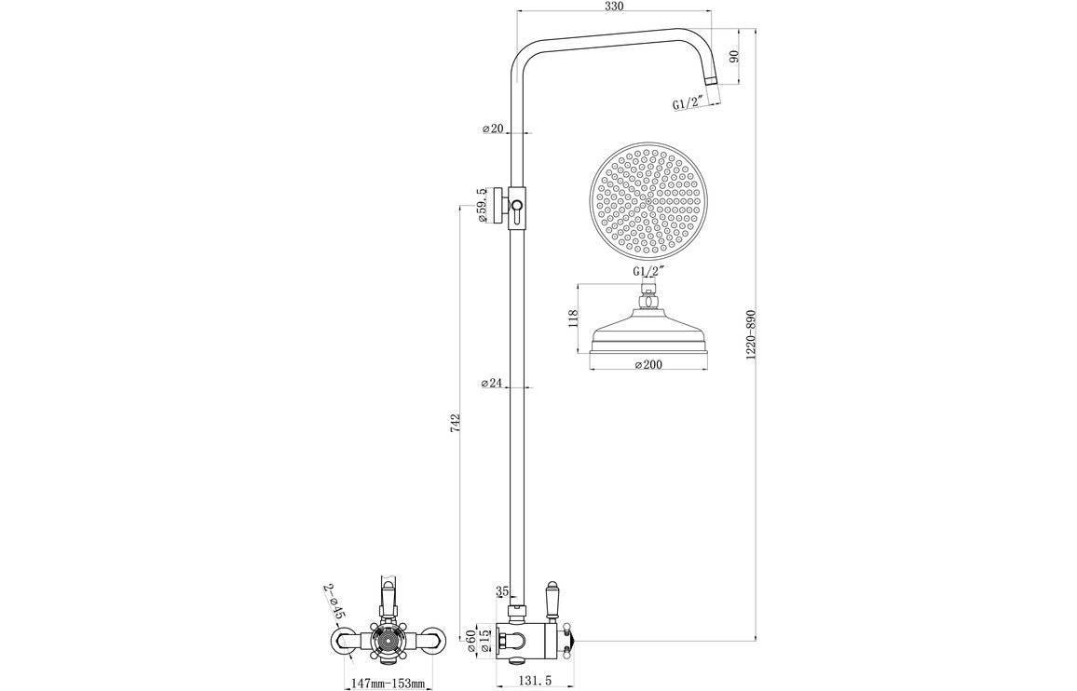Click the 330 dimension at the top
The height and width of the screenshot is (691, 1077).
pyautogui.click(x=614, y=7)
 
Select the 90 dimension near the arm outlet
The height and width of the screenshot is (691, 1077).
pyautogui.click(x=733, y=57)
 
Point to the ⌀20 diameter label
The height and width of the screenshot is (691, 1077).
pyautogui.click(x=492, y=129)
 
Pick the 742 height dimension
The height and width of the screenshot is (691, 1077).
pyautogui.click(x=456, y=421)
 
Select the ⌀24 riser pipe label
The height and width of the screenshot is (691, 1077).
pyautogui.click(x=492, y=383)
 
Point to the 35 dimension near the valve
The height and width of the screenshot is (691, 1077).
pyautogui.click(x=503, y=590)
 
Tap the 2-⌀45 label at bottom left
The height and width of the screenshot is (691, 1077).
pyautogui.click(x=334, y=602)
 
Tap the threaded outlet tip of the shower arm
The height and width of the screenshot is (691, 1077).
pyautogui.click(x=714, y=85)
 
